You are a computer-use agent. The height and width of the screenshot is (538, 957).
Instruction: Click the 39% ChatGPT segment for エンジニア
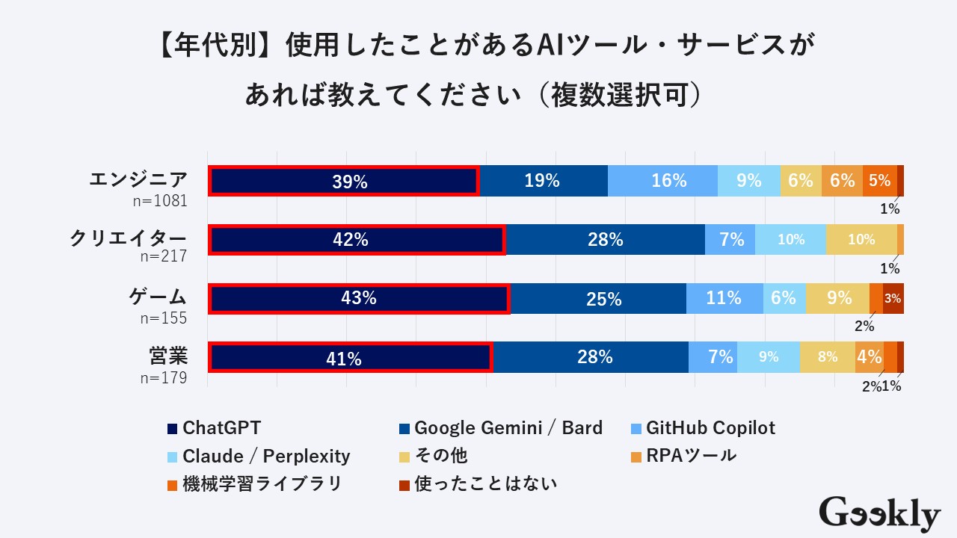[343, 181]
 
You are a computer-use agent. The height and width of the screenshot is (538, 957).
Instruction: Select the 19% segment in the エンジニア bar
[543, 181]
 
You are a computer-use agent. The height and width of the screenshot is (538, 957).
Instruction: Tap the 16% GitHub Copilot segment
[662, 181]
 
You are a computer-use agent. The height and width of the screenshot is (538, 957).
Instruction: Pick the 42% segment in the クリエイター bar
[357, 239]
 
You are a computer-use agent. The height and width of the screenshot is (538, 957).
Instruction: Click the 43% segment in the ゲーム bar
[359, 298]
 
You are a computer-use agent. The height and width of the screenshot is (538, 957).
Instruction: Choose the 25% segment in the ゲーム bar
[598, 298]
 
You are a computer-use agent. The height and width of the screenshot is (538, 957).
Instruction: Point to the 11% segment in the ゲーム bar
[724, 298]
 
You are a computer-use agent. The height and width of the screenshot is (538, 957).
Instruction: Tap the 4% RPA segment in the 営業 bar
[869, 357]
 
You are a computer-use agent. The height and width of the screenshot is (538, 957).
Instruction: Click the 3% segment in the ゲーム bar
[893, 298]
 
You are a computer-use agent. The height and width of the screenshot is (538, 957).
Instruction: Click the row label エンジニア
[138, 180]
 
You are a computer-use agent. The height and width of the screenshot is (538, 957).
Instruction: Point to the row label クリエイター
[128, 238]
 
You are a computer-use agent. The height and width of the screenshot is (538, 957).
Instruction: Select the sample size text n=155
[163, 318]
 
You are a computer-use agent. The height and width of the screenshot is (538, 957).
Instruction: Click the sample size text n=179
[163, 377]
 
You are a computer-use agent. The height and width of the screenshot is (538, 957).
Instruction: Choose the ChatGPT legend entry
[214, 428]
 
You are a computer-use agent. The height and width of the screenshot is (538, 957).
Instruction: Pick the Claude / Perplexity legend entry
[258, 456]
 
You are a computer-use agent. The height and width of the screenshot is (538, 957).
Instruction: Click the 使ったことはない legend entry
[478, 483]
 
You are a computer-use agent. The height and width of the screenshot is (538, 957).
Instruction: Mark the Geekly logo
[879, 514]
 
